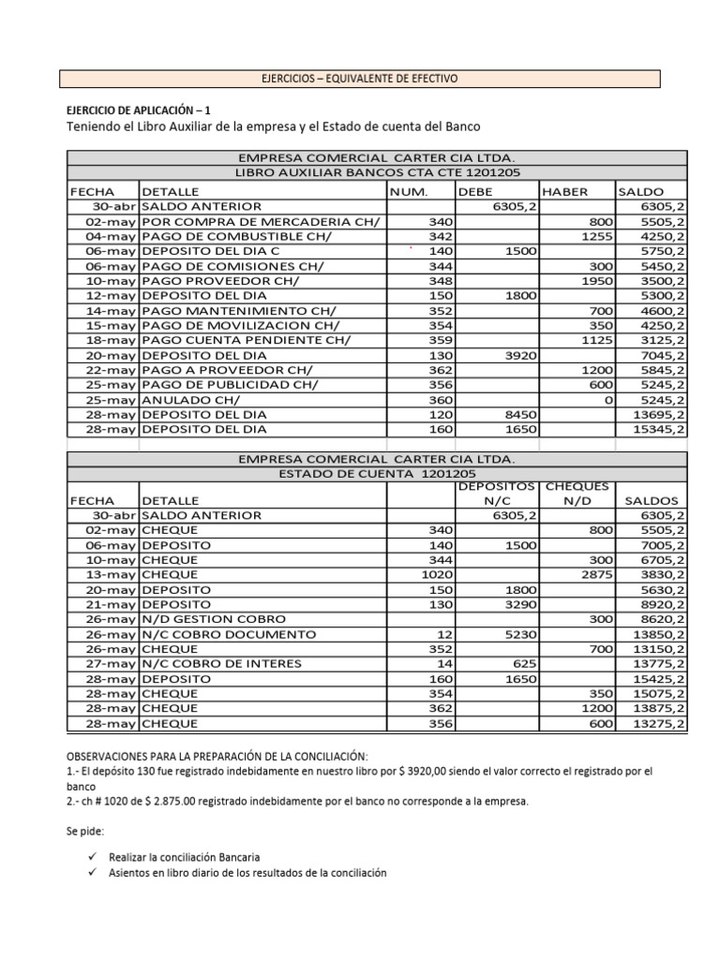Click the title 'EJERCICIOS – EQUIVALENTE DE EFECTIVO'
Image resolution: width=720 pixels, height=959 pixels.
tap(360, 79)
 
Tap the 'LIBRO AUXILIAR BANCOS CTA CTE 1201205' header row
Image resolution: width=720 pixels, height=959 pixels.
tap(376, 172)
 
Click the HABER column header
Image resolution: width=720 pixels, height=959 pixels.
tap(565, 191)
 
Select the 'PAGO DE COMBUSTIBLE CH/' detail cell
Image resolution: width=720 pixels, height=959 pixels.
tap(232, 236)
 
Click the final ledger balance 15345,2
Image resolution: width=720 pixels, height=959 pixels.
tap(660, 430)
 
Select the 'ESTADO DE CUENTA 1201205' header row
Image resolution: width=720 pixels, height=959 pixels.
tap(376, 475)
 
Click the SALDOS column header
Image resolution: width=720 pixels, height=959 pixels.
tap(652, 501)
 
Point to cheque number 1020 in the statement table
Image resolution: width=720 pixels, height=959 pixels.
tap(434, 575)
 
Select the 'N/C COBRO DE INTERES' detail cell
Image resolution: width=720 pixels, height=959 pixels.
tap(221, 664)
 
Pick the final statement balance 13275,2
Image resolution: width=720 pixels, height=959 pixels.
tap(660, 724)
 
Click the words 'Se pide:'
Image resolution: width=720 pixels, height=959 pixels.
tap(84, 831)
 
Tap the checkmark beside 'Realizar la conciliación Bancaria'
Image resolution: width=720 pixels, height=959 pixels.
tap(90, 857)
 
